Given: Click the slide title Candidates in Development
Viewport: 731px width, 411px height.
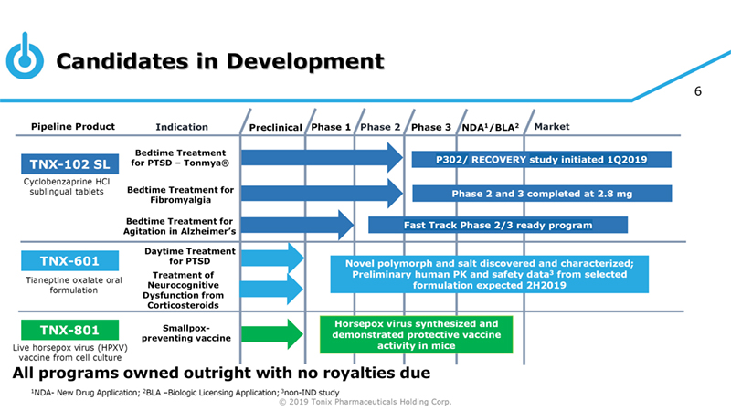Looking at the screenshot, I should [220, 61].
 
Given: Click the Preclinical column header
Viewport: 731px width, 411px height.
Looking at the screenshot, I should [275, 127].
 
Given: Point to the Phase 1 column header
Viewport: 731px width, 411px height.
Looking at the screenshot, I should [331, 127].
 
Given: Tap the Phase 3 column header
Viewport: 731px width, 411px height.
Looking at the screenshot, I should [431, 127].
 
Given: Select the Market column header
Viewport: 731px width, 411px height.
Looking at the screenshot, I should [552, 127].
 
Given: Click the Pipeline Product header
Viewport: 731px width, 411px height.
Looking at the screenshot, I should [73, 127].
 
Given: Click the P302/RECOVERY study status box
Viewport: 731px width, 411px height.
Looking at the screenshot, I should [542, 160].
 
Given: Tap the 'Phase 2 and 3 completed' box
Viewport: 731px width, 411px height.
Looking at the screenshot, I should [542, 193].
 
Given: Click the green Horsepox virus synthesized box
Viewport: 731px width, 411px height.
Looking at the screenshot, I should [416, 335].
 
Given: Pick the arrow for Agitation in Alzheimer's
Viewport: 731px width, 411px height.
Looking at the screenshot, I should [297, 225].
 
